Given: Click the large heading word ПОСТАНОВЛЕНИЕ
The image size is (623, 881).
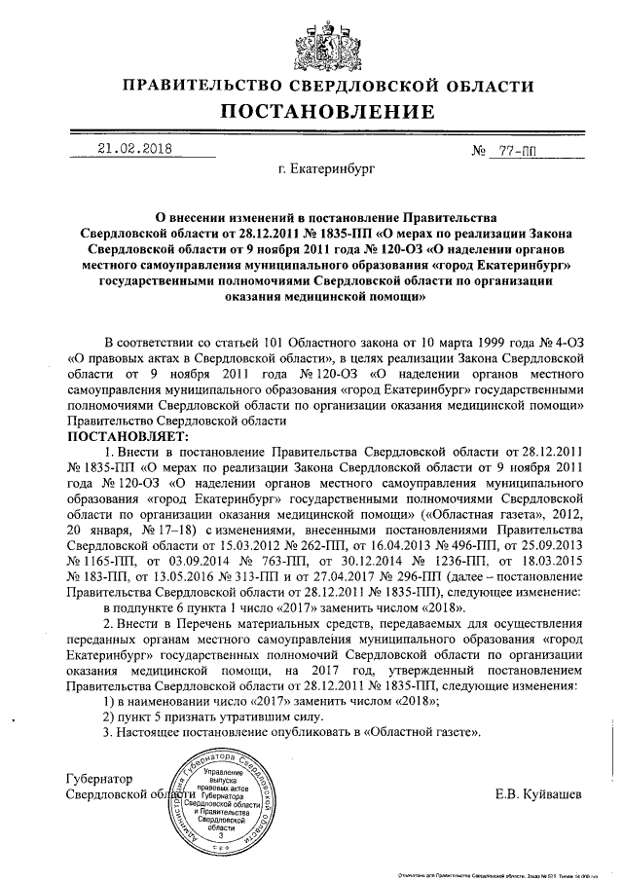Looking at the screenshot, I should (x=311, y=111).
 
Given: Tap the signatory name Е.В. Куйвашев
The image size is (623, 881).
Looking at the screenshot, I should (x=539, y=794).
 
